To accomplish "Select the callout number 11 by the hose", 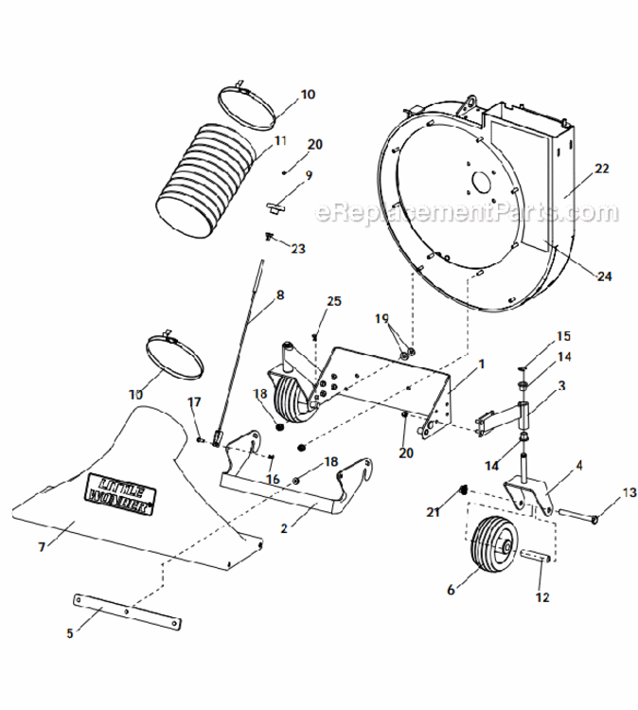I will (x=280, y=141).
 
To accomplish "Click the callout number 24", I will (x=604, y=276).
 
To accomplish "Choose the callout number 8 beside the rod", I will (x=279, y=295).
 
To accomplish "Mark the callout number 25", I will (x=333, y=302).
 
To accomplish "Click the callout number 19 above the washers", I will (x=381, y=319).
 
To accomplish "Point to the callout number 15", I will (x=563, y=336).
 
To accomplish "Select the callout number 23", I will (x=299, y=250).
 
